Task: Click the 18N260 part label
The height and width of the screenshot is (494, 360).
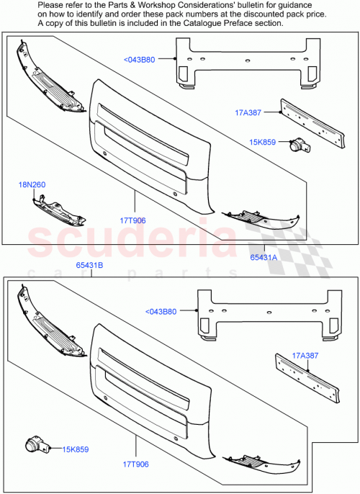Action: (32, 185)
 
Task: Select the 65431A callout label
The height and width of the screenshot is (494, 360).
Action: (265, 256)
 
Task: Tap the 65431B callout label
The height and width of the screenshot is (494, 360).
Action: (90, 266)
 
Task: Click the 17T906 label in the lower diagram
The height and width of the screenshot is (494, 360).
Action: (134, 464)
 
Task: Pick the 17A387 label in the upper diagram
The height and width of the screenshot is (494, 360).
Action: (248, 112)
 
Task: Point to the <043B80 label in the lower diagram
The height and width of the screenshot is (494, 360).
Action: (160, 312)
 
